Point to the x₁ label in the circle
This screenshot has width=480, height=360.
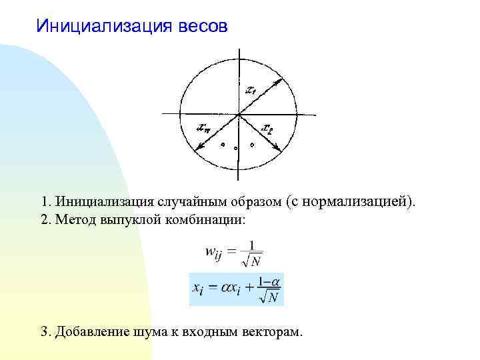pyautogui.click(x=251, y=90)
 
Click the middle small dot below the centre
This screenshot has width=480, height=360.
pyautogui.click(x=236, y=148)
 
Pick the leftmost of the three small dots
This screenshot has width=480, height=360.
pyautogui.click(x=223, y=143)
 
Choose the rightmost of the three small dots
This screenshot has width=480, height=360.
pyautogui.click(x=252, y=144)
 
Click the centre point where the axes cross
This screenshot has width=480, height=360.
pyautogui.click(x=238, y=115)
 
